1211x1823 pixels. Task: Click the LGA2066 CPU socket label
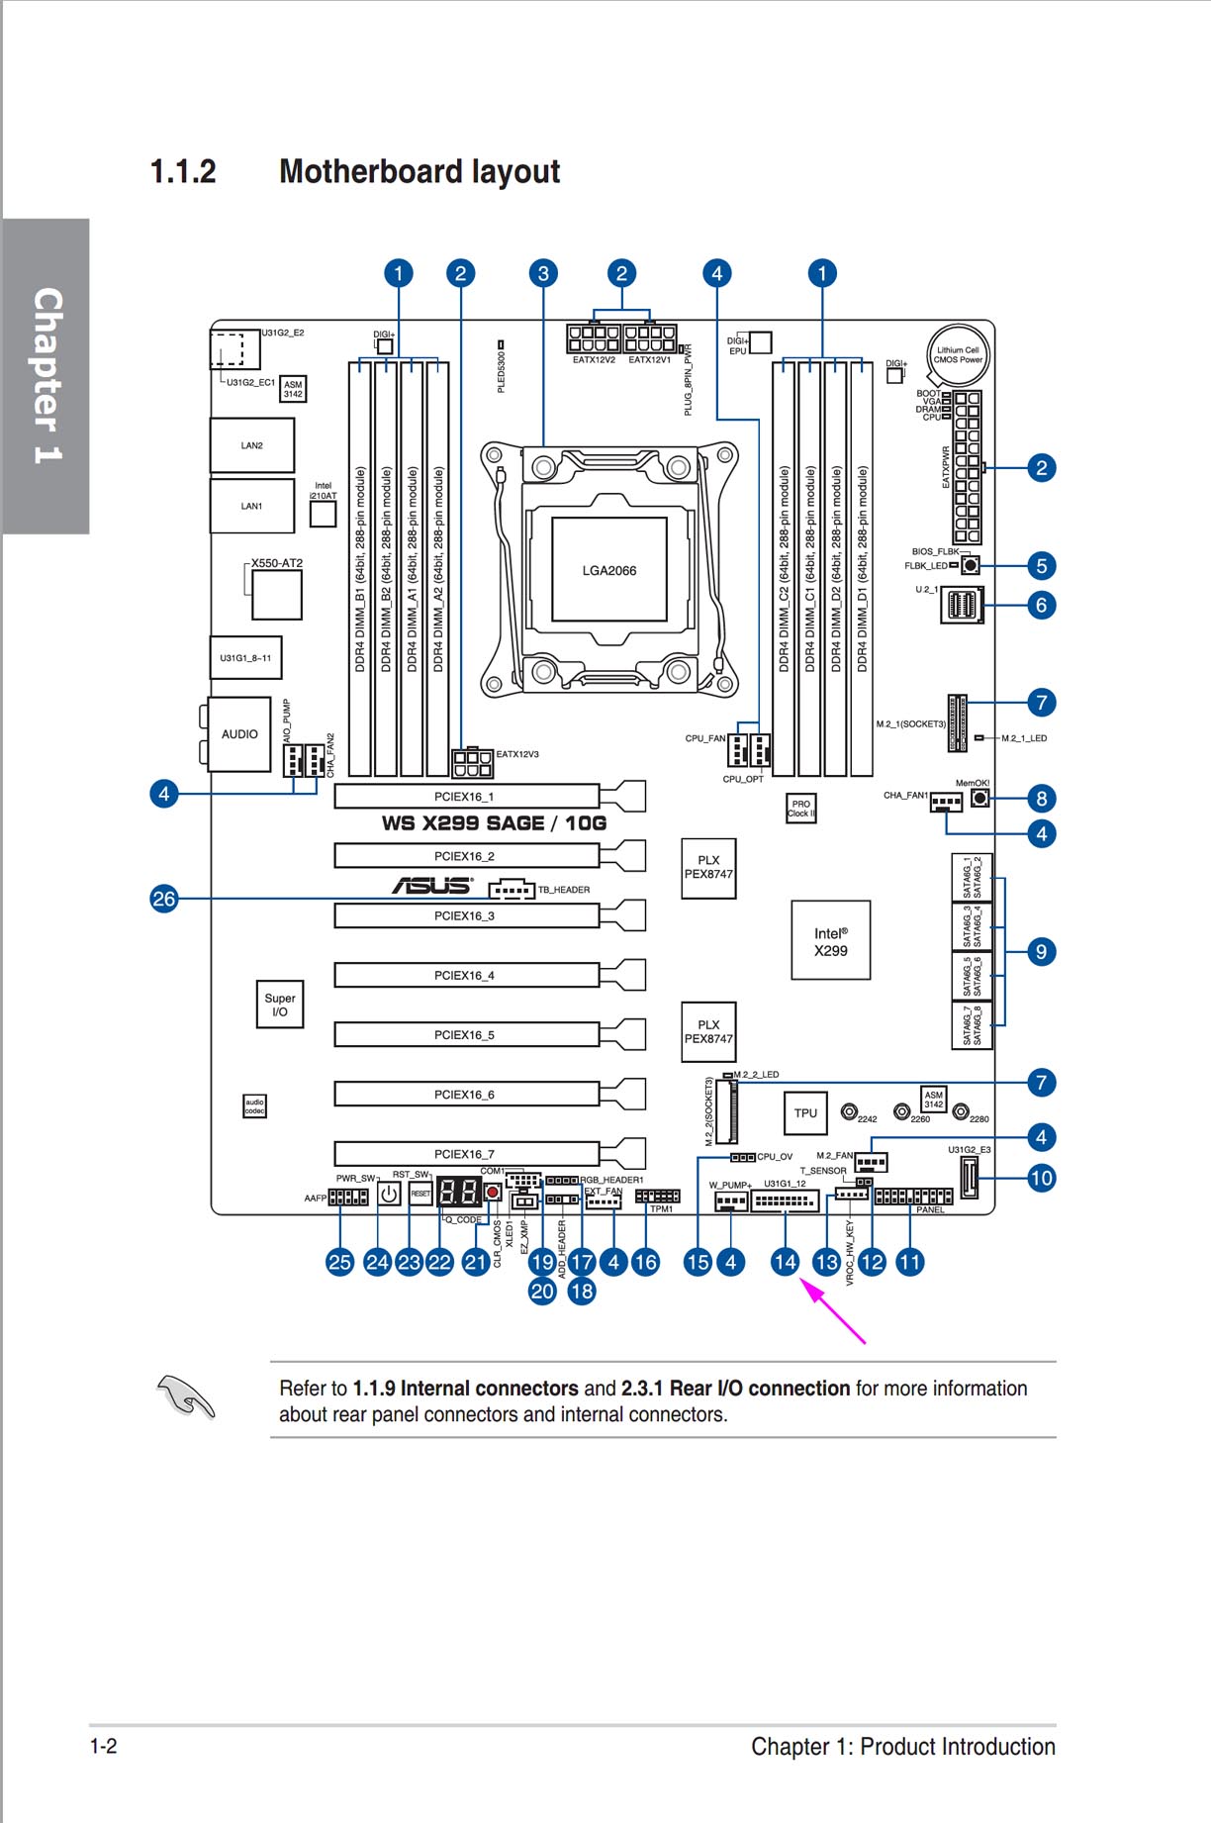(x=608, y=571)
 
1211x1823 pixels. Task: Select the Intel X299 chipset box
(x=830, y=940)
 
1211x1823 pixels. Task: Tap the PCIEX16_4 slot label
(x=464, y=976)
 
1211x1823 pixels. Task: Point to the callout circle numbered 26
(x=163, y=899)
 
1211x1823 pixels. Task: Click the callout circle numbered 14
(x=785, y=1262)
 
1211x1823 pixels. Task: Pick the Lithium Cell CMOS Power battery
(x=959, y=354)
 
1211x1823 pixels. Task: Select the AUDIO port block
(x=239, y=734)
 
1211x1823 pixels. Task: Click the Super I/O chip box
(x=280, y=1005)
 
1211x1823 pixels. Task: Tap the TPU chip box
(x=805, y=1113)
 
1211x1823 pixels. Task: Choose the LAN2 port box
(x=252, y=445)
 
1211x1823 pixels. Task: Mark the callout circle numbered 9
(x=1041, y=952)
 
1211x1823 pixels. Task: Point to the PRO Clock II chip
(x=800, y=809)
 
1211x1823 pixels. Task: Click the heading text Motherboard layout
(x=419, y=172)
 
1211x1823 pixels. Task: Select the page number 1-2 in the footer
(x=104, y=1746)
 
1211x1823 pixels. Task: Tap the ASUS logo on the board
(x=432, y=885)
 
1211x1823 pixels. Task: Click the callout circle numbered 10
(x=1041, y=1178)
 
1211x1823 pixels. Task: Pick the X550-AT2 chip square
(x=276, y=594)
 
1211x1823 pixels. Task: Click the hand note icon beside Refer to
(x=186, y=1397)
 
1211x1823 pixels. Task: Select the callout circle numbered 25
(x=339, y=1262)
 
